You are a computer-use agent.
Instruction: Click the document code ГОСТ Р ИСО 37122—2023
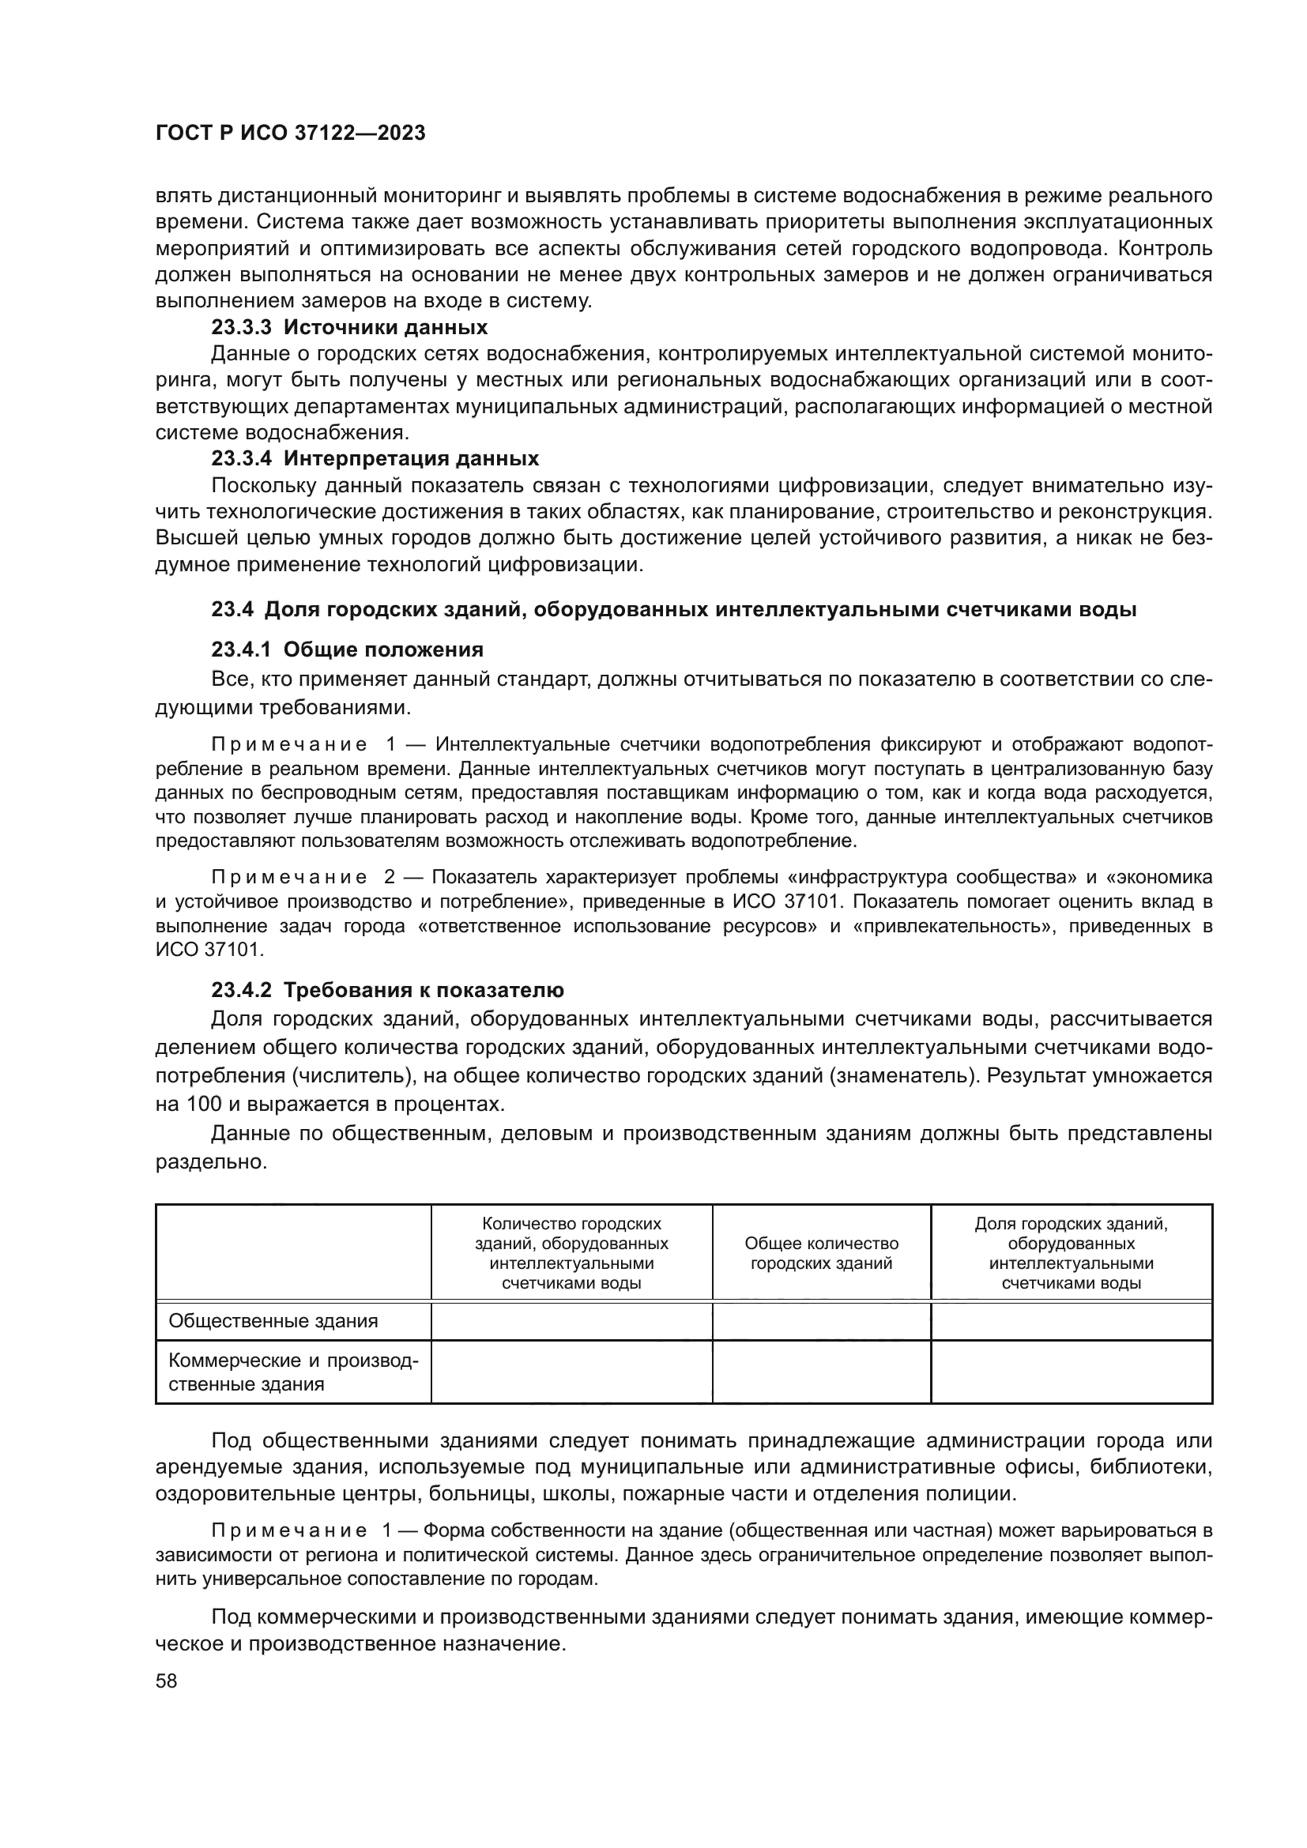290,134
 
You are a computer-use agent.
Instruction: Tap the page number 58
167,1681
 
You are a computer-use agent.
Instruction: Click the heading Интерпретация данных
411,459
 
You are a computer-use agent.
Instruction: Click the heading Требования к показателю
424,990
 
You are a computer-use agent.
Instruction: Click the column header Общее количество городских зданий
821,1253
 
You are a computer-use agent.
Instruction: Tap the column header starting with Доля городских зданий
1071,1253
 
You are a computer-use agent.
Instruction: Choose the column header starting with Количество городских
571,1253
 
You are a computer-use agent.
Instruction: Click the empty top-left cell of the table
293,1252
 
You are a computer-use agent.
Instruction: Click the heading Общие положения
383,649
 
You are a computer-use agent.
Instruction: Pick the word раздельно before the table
210,1162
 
